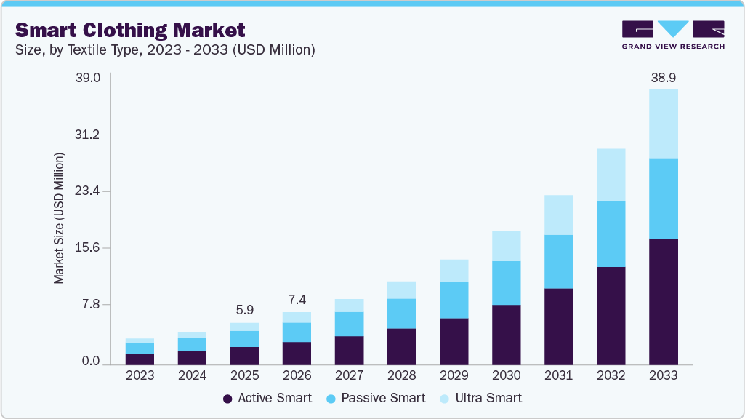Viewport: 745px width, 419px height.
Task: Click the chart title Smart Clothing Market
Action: click(130, 30)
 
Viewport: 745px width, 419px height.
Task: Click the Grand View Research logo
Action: click(673, 34)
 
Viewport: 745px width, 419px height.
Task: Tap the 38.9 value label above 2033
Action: click(663, 77)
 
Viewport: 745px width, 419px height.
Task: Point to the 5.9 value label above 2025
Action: click(244, 310)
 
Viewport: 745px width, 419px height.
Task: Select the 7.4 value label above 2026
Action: click(297, 300)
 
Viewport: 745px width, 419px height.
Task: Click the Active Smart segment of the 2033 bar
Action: click(663, 301)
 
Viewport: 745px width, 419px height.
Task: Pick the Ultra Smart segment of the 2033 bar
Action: click(663, 124)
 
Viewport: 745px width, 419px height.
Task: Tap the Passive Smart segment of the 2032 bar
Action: click(611, 234)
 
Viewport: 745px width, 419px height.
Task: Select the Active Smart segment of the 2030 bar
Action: click(506, 335)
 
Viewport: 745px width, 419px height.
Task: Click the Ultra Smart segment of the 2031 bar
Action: click(558, 215)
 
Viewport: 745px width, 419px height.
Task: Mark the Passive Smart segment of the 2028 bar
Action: click(401, 314)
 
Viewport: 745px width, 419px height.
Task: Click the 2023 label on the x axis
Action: click(140, 376)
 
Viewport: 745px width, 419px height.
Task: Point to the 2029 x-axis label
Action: click(454, 376)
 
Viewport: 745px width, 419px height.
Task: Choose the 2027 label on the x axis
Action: click(349, 376)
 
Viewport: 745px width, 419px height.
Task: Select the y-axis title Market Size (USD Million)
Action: click(59, 218)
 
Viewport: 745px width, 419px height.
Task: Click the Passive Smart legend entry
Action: click(382, 398)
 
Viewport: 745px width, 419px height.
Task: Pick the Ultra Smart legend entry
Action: click(488, 398)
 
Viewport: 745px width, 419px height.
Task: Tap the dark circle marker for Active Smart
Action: click(227, 399)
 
